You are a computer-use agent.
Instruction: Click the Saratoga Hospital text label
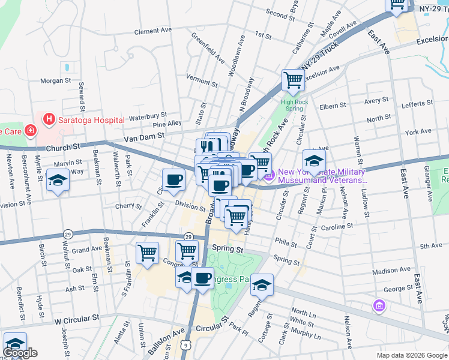click(91, 119)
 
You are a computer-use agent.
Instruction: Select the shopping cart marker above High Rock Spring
click(293, 80)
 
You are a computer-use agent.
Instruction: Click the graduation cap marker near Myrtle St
click(58, 181)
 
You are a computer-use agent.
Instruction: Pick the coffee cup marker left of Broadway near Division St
click(174, 179)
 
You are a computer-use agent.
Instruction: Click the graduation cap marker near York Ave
click(314, 161)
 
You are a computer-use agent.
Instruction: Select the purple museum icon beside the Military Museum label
click(269, 175)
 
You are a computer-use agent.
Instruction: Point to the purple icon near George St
click(379, 307)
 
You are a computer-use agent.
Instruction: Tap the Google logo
click(20, 353)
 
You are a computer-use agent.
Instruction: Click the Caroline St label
click(337, 227)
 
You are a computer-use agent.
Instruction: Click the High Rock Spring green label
click(293, 104)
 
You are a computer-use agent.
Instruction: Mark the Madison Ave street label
click(391, 271)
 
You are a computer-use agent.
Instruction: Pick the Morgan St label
click(55, 80)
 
